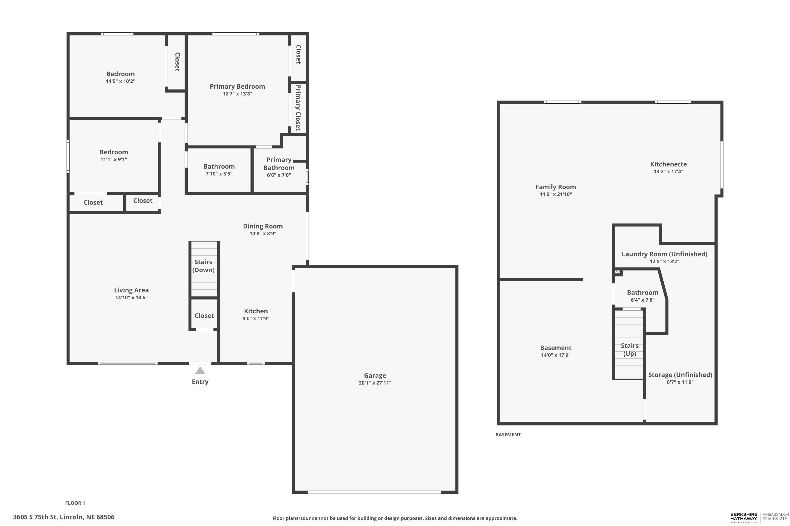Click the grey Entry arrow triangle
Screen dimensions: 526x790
(x=200, y=370)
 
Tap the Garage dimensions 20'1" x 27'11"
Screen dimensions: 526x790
(x=375, y=383)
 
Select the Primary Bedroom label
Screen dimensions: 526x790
(x=237, y=86)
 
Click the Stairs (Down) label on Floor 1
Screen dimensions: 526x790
(x=203, y=266)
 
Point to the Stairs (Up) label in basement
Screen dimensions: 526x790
(x=629, y=349)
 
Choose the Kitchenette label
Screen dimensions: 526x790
(x=668, y=164)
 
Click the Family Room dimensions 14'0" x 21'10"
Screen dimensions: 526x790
(x=556, y=194)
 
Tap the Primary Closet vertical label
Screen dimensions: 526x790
(x=298, y=108)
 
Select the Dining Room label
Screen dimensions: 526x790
(x=263, y=226)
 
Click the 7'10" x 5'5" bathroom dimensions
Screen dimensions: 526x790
(x=219, y=174)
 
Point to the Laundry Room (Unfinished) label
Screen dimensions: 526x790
(x=664, y=254)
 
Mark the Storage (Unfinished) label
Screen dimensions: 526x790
(x=680, y=375)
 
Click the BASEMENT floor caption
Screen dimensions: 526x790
(x=508, y=434)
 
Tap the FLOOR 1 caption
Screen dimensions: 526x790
(x=75, y=503)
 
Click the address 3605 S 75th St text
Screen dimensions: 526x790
(x=64, y=517)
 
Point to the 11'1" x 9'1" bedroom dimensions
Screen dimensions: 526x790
(x=113, y=159)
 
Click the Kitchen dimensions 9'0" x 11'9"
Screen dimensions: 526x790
(x=256, y=318)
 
